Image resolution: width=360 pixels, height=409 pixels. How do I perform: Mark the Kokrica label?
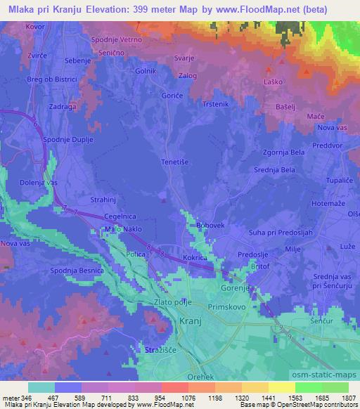coord(196,259)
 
